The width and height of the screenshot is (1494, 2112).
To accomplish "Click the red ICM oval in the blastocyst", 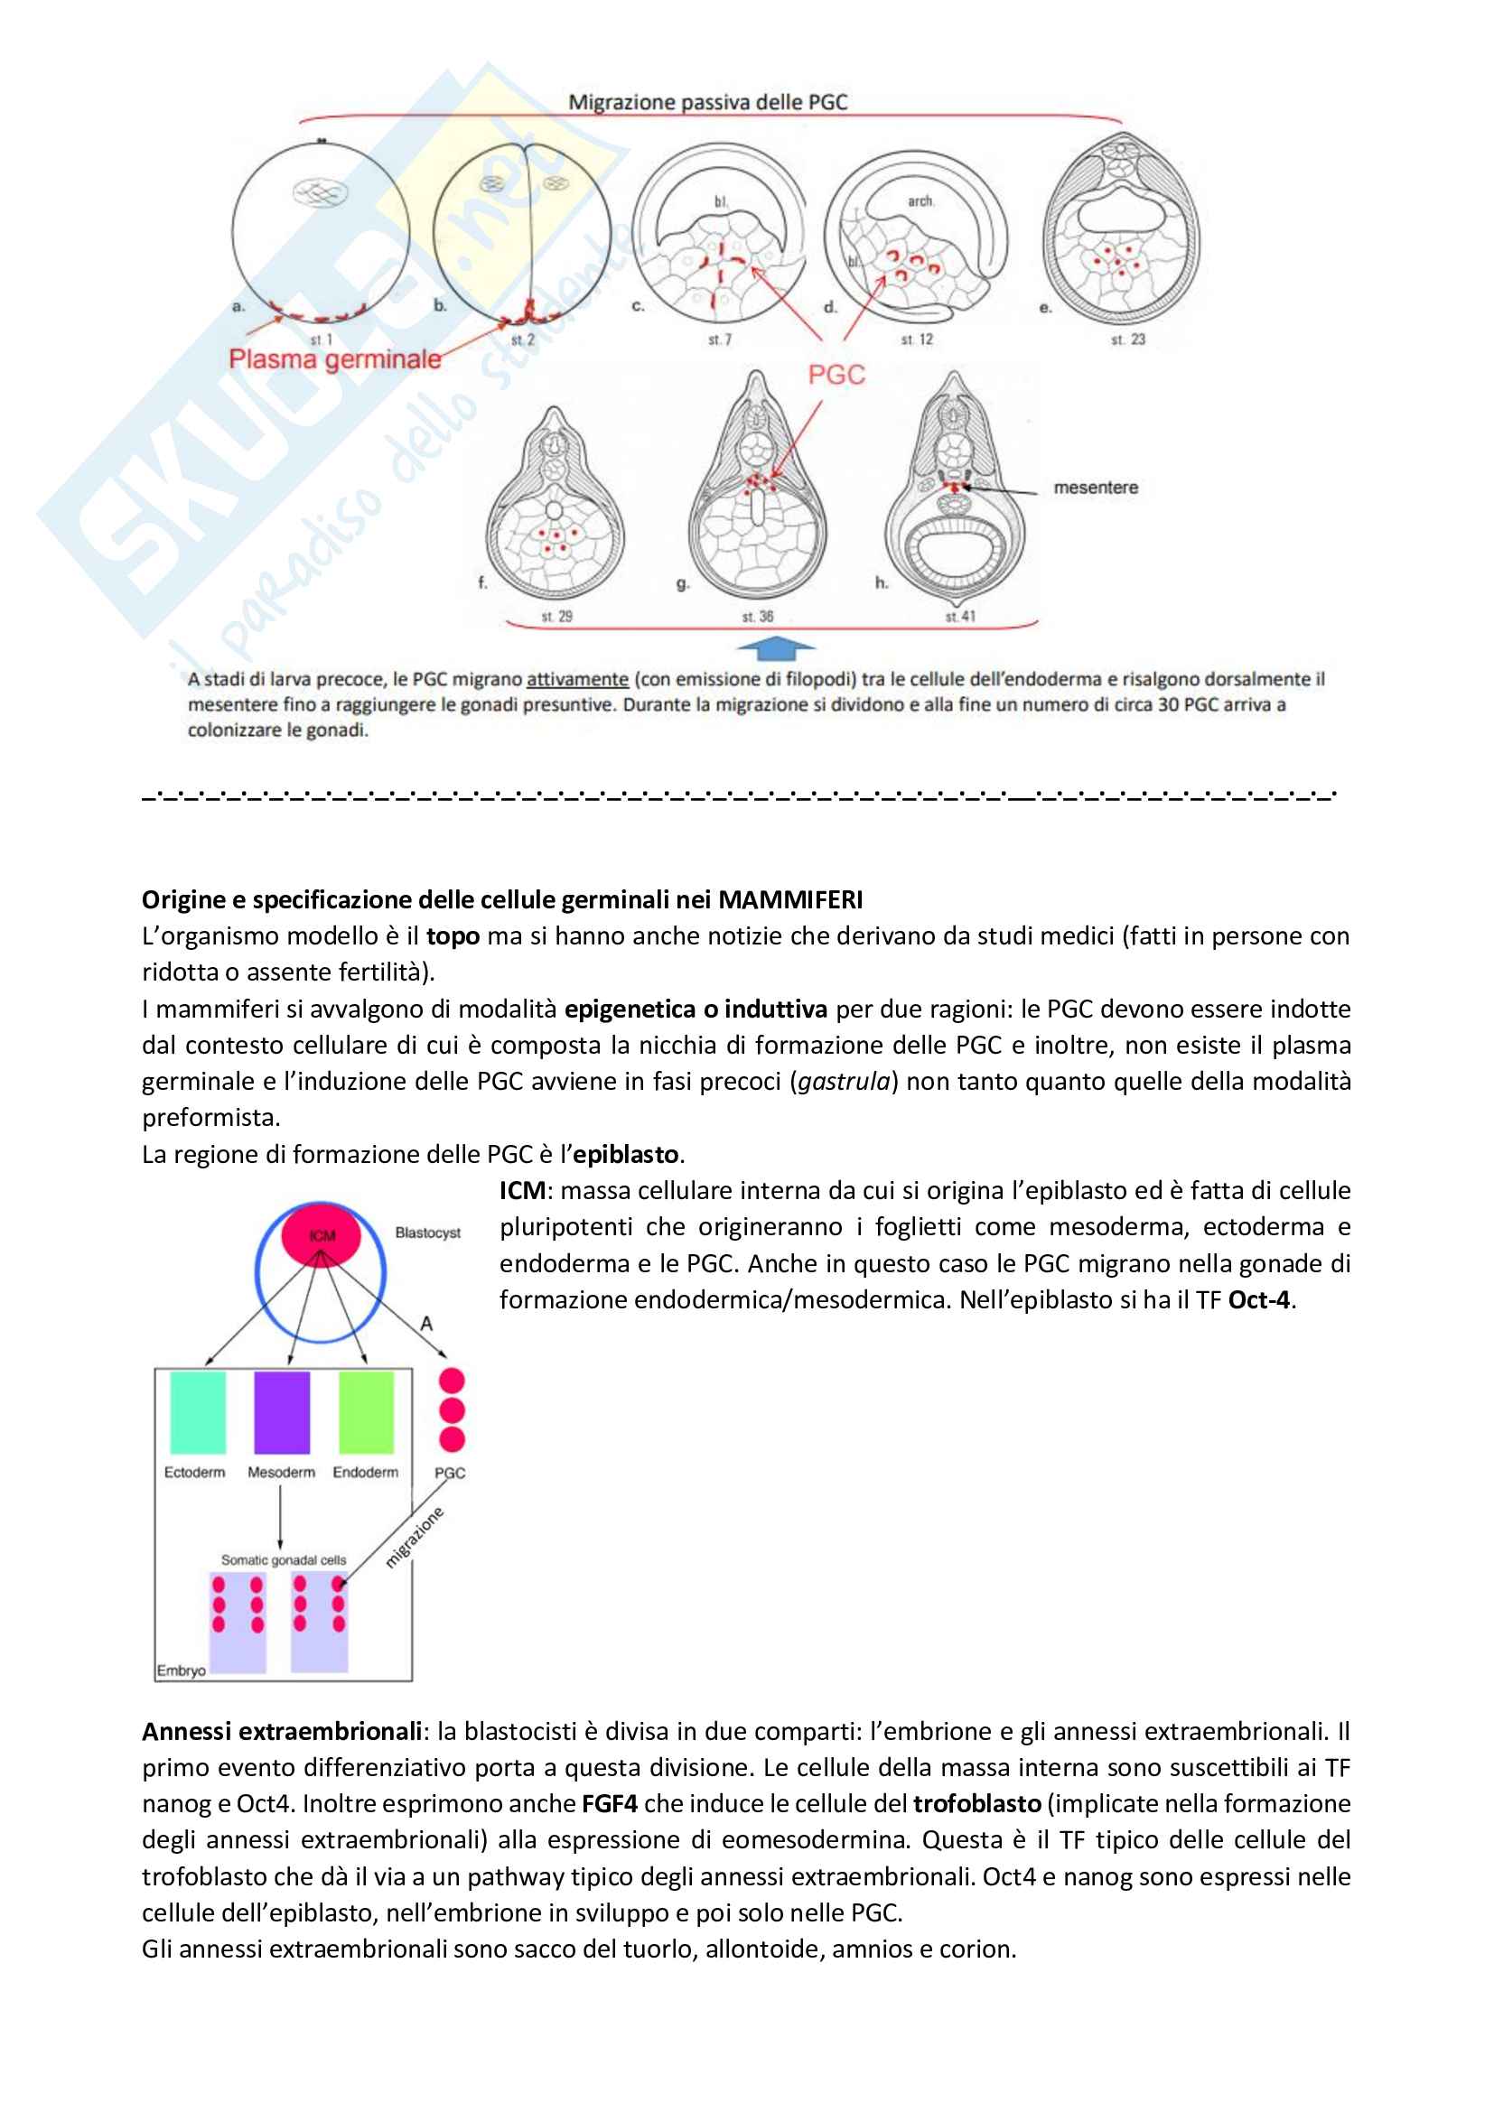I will coord(320,1234).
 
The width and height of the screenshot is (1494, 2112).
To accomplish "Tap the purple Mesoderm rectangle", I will coord(282,1412).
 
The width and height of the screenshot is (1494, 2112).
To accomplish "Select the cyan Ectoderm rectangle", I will coord(197,1412).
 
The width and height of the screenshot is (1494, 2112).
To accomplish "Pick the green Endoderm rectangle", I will coord(366,1412).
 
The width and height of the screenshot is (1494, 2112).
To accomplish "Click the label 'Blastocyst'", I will coord(428,1233).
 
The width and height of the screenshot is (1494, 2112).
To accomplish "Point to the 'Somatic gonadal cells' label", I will coord(284,1560).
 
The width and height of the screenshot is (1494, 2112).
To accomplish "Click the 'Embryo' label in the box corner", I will coord(182,1670).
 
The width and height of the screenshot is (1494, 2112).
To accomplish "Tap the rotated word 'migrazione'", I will coord(414,1537).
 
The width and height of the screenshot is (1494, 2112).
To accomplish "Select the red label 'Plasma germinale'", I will coord(335,359).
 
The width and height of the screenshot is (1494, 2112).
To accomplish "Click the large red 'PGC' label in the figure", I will coord(836,375).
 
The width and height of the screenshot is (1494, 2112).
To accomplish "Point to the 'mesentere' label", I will coord(1096,488).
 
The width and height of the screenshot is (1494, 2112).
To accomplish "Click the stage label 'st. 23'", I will coord(1128,340).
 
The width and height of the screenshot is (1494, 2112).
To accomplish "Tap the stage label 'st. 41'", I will coord(959,617).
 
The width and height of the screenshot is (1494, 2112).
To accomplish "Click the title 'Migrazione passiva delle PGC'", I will coord(707,102).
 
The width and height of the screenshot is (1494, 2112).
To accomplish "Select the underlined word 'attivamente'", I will coord(577,679).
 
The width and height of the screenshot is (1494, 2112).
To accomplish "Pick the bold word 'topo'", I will coord(453,936).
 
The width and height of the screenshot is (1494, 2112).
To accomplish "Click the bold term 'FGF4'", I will coord(609,1804).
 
